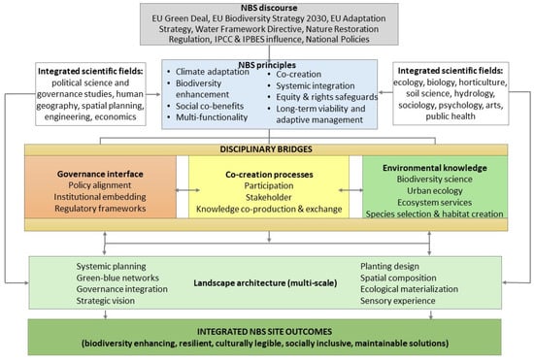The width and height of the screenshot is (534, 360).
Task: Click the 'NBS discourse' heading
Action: pos(269,8)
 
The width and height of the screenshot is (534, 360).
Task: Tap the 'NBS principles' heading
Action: pos(267,65)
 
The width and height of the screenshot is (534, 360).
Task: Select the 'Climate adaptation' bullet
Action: pos(213,72)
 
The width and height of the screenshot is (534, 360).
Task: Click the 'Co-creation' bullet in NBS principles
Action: pos(298,74)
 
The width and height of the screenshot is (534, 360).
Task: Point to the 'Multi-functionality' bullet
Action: pos(212,117)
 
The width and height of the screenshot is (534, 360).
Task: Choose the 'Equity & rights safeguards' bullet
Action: pos(326,97)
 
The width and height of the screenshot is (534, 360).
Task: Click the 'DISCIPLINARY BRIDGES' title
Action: pos(266,149)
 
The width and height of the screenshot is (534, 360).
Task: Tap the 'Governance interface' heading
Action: pos(100,174)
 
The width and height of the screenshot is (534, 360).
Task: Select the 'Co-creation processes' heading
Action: pos(269,175)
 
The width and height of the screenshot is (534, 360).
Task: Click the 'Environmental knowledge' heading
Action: pos(435,168)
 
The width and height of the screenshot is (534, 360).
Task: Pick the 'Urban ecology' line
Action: pos(435,191)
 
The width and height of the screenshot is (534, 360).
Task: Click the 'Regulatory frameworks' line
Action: pos(100,209)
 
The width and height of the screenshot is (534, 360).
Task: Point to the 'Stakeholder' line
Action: pos(269,197)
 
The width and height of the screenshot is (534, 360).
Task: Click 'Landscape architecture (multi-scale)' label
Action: pos(265,283)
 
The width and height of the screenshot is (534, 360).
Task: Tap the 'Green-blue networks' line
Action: pos(117,278)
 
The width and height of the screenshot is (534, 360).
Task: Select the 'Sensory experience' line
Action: pos(398,301)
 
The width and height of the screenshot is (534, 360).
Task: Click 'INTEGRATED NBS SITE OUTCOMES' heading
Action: pos(265,332)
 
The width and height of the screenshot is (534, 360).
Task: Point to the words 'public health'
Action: pos(451,116)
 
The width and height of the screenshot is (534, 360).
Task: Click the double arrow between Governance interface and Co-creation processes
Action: pos(187,190)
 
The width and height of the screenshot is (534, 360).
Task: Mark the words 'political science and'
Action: pos(90,82)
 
